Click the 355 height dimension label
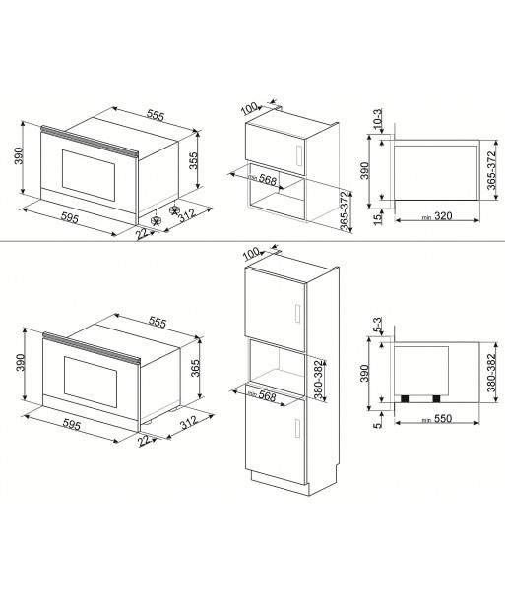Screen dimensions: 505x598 (x=194, y=160)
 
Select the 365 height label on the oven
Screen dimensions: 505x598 (x=196, y=368)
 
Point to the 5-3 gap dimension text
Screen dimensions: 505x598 (x=377, y=326)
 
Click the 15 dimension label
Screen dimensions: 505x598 (x=377, y=219)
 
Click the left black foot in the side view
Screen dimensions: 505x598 (x=405, y=398)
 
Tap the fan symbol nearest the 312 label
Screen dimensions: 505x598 (x=174, y=209)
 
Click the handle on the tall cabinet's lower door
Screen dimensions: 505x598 (x=297, y=428)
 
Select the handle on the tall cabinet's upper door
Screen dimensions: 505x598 (x=297, y=314)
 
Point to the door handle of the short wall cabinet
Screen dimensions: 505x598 (x=299, y=156)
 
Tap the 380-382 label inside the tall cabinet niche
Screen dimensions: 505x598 (x=318, y=379)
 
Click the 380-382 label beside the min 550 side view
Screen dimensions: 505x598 (x=491, y=373)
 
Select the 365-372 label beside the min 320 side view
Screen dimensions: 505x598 (x=491, y=170)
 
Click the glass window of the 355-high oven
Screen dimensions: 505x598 (x=89, y=175)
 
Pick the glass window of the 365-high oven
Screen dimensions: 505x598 (x=91, y=382)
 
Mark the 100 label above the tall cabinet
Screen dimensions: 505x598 (x=251, y=253)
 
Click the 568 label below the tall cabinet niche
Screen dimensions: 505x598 (x=267, y=396)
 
